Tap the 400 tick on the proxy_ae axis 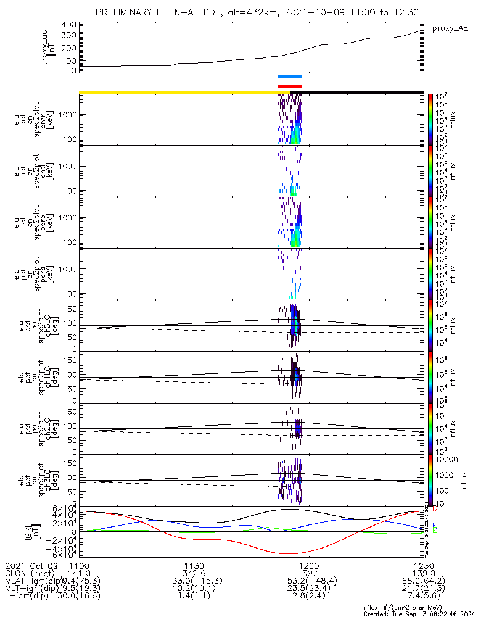68,25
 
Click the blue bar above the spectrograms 289,77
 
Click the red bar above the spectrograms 289,86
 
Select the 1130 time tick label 194,565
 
